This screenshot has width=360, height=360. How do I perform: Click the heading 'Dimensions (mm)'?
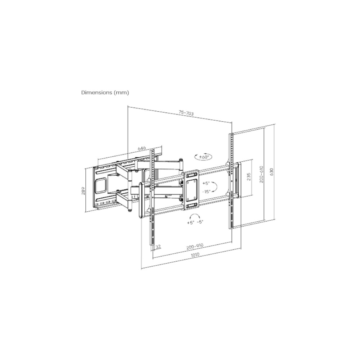coord(105,93)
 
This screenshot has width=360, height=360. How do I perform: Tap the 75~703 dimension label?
coord(186,113)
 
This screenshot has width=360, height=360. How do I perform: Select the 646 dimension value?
coord(141,148)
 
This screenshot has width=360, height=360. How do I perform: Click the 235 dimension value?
coord(249,177)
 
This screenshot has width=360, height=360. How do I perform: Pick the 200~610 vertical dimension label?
coord(261,174)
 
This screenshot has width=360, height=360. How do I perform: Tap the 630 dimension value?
coord(272,172)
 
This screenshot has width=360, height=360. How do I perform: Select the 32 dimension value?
coord(158,247)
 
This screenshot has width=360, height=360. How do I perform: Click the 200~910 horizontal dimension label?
coord(195,246)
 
